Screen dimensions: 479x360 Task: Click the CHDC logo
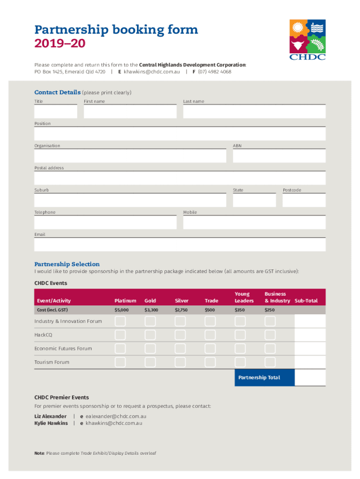(x=307, y=40)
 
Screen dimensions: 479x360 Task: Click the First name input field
(x=130, y=111)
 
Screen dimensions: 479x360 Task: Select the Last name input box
(x=254, y=111)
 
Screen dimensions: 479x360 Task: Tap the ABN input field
(x=279, y=156)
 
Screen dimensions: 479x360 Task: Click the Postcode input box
(x=304, y=200)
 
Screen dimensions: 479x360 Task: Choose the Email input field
(x=180, y=245)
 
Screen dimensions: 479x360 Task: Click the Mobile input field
(x=254, y=222)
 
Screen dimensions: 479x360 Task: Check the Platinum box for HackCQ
(x=120, y=335)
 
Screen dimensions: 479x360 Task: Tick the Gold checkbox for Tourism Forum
(x=150, y=362)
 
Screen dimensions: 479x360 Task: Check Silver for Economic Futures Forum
(x=180, y=348)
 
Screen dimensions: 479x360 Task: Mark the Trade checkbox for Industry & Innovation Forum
(x=210, y=321)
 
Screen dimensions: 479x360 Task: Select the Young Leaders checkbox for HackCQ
(x=240, y=335)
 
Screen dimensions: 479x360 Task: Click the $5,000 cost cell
(x=122, y=310)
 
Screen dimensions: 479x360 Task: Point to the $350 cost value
(x=240, y=310)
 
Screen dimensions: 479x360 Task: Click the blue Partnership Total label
(x=259, y=377)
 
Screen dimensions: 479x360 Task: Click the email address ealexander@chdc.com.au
(x=116, y=416)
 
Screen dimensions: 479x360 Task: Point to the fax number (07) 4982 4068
(x=214, y=72)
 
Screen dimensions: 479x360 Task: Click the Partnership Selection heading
(x=67, y=264)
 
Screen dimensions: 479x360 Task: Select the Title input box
(x=56, y=111)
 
